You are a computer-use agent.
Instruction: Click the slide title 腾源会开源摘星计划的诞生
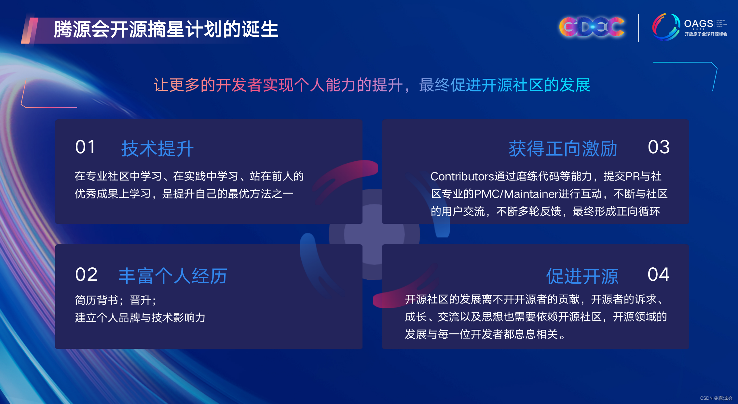[x=166, y=29]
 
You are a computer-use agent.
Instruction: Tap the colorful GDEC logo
[x=592, y=27]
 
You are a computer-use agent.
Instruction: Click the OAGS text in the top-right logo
[x=698, y=24]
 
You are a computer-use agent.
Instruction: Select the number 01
[x=85, y=147]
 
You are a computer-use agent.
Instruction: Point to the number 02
[x=86, y=275]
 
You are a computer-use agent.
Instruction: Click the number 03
[x=659, y=147]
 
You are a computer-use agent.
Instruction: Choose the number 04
[x=658, y=275]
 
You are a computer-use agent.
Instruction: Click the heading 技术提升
[x=157, y=149]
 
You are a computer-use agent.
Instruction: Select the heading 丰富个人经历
[x=173, y=276]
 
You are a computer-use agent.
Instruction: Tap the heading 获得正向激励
[x=563, y=149]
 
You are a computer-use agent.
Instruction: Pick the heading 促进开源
[x=582, y=276]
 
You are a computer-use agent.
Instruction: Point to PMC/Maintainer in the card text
[x=516, y=194]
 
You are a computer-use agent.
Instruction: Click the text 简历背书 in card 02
[x=97, y=300]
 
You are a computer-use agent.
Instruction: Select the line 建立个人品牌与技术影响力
[x=140, y=317]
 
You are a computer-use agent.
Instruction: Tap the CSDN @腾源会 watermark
[x=716, y=398]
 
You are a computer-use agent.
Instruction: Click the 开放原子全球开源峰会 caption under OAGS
[x=706, y=34]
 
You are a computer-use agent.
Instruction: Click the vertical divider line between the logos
[x=638, y=28]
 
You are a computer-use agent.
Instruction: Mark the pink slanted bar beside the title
[x=30, y=31]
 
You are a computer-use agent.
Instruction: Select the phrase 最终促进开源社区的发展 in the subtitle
[x=504, y=85]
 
